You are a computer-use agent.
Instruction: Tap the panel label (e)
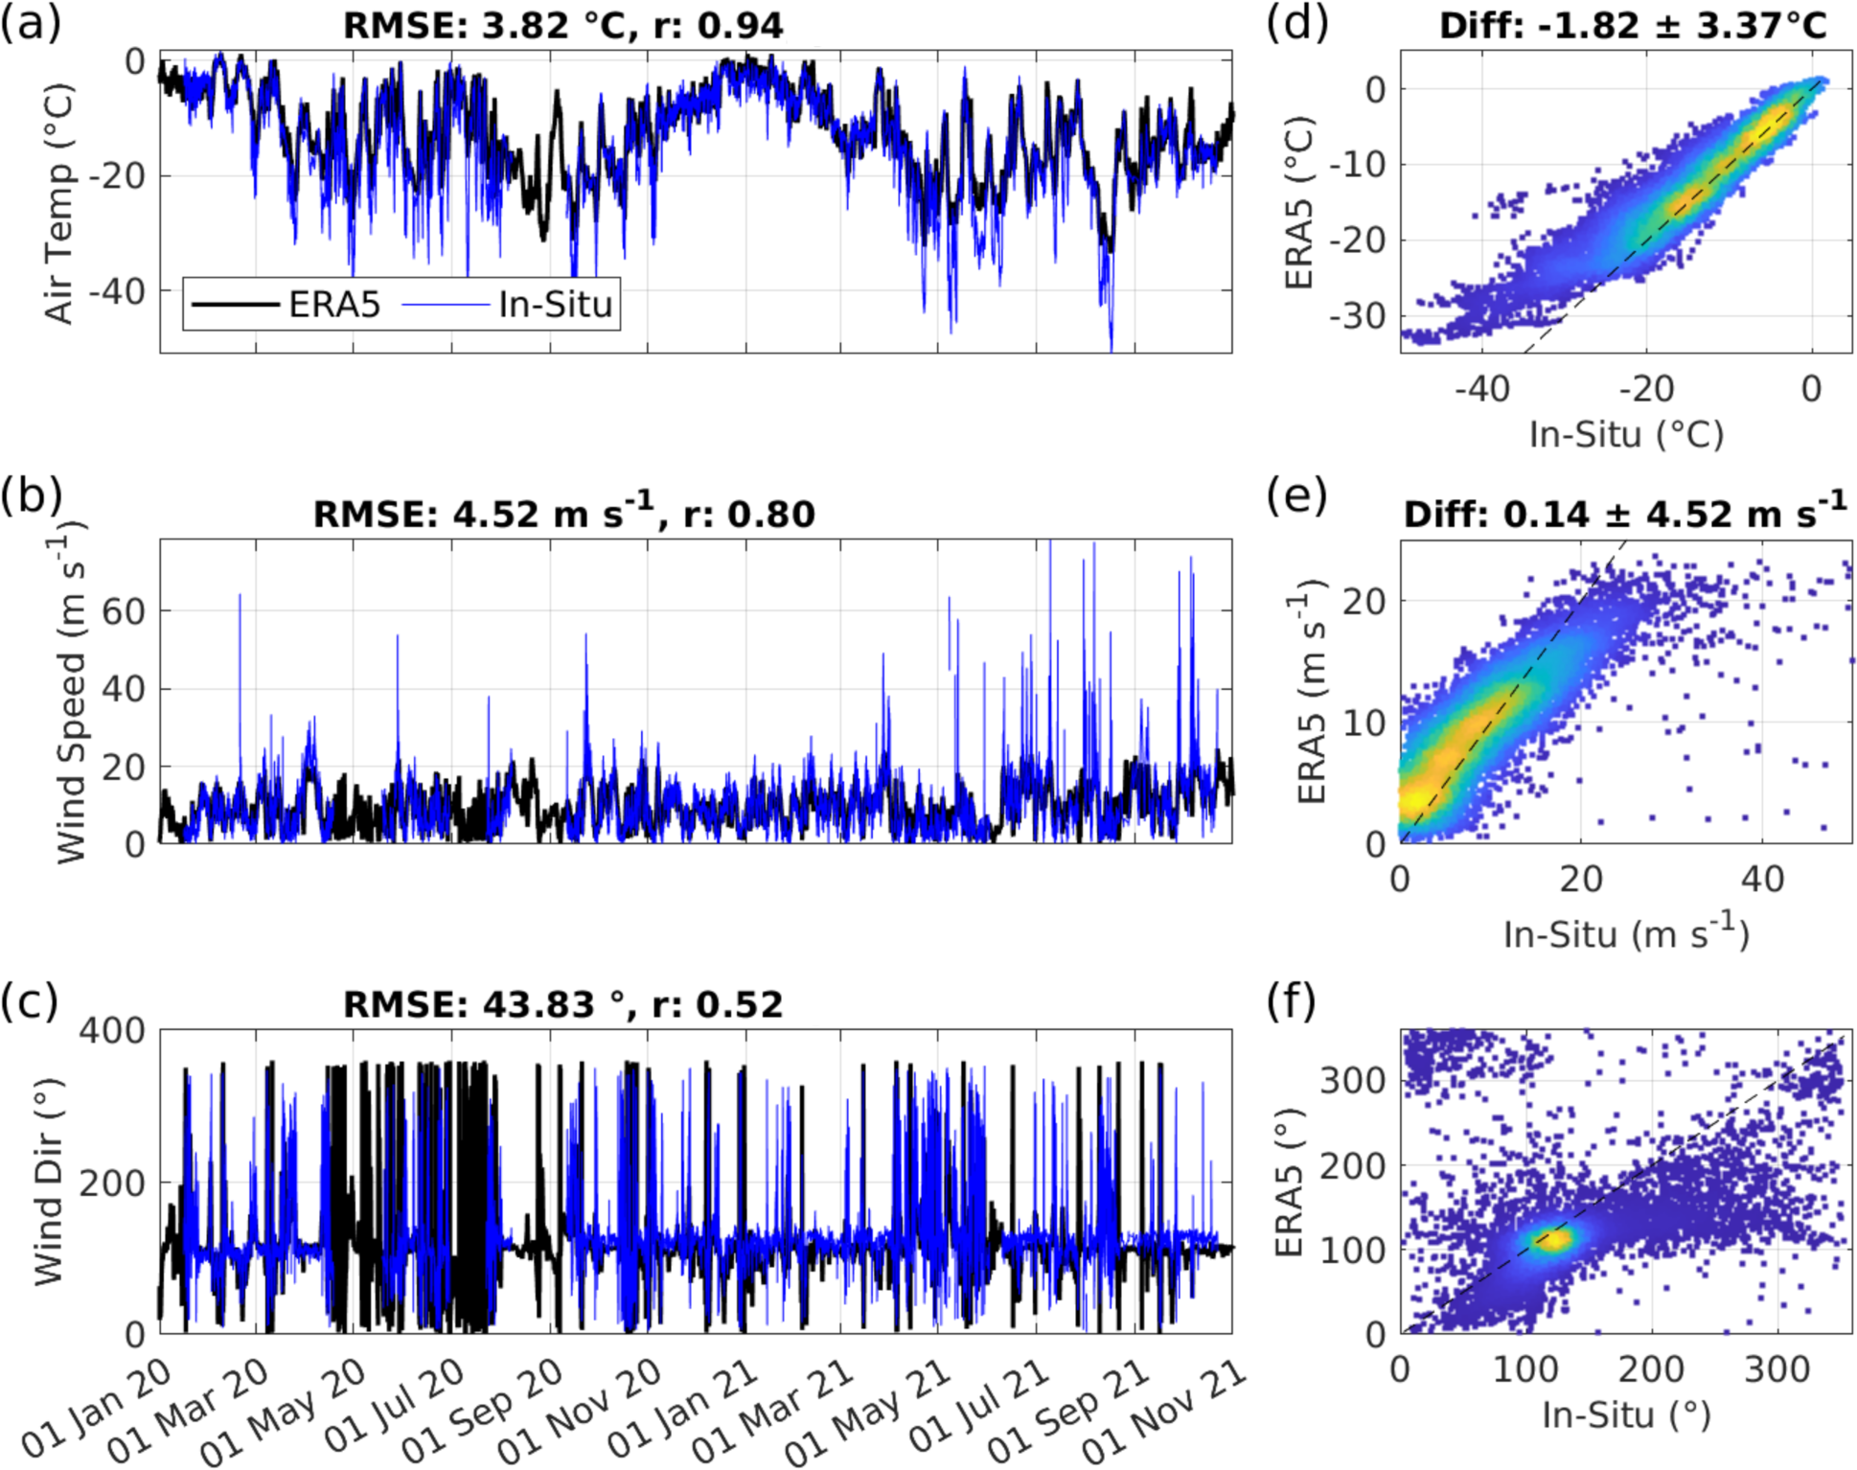point(1296,495)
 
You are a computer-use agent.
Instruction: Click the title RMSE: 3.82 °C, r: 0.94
point(563,26)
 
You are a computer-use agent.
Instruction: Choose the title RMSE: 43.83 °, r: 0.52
point(563,1004)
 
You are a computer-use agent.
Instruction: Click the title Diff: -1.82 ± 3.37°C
point(1633,26)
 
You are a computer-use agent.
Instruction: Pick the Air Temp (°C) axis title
point(59,203)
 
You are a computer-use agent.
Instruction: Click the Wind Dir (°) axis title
point(48,1182)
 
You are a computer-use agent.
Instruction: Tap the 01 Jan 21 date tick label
point(682,1413)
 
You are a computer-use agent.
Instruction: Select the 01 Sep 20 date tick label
point(482,1413)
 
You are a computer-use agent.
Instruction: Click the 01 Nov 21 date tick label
point(1165,1413)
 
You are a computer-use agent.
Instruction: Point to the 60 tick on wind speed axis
point(123,611)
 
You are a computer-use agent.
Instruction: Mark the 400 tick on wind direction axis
point(112,1031)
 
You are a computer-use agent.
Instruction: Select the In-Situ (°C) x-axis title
point(1626,434)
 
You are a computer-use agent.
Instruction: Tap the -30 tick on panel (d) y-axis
point(1357,315)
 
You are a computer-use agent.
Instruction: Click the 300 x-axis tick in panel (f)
point(1777,1368)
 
